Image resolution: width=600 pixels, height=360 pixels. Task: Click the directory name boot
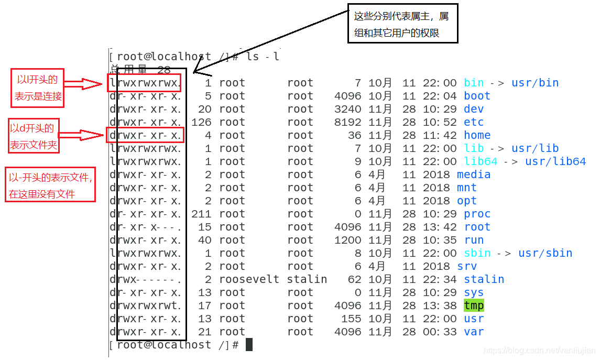coord(477,96)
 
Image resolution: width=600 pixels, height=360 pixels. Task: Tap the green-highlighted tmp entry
coord(474,306)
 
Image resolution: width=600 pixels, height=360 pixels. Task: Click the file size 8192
coord(347,122)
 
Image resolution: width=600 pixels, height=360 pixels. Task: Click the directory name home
coord(477,135)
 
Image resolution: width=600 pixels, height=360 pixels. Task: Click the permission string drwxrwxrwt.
coord(146,306)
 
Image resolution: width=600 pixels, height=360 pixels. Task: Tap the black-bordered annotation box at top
coord(402,24)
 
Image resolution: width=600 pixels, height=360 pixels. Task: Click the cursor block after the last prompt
coord(249,344)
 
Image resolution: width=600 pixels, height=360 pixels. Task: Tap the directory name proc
coord(477,214)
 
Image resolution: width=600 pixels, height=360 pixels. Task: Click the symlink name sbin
coord(477,253)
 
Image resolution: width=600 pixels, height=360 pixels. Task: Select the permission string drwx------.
coord(146,279)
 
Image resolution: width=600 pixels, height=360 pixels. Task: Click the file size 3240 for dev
coord(347,109)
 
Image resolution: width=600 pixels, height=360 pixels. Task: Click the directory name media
coord(474,174)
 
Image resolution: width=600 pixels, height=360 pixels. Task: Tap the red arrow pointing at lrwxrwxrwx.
coord(84,83)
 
